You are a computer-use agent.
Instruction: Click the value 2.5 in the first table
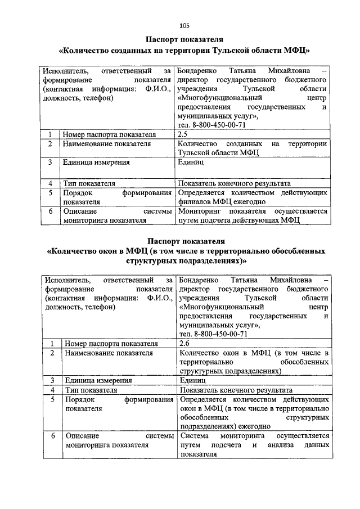click(182, 134)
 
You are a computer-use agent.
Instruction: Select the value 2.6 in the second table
click(184, 343)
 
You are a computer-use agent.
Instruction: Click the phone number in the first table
click(211, 125)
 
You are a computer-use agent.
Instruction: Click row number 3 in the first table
click(50, 163)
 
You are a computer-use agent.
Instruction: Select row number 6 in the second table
click(52, 436)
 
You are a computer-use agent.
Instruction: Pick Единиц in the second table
click(193, 380)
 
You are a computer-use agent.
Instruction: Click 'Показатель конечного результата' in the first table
click(233, 183)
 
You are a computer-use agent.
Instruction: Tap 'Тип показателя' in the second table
click(91, 389)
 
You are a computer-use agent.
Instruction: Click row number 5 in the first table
click(50, 193)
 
